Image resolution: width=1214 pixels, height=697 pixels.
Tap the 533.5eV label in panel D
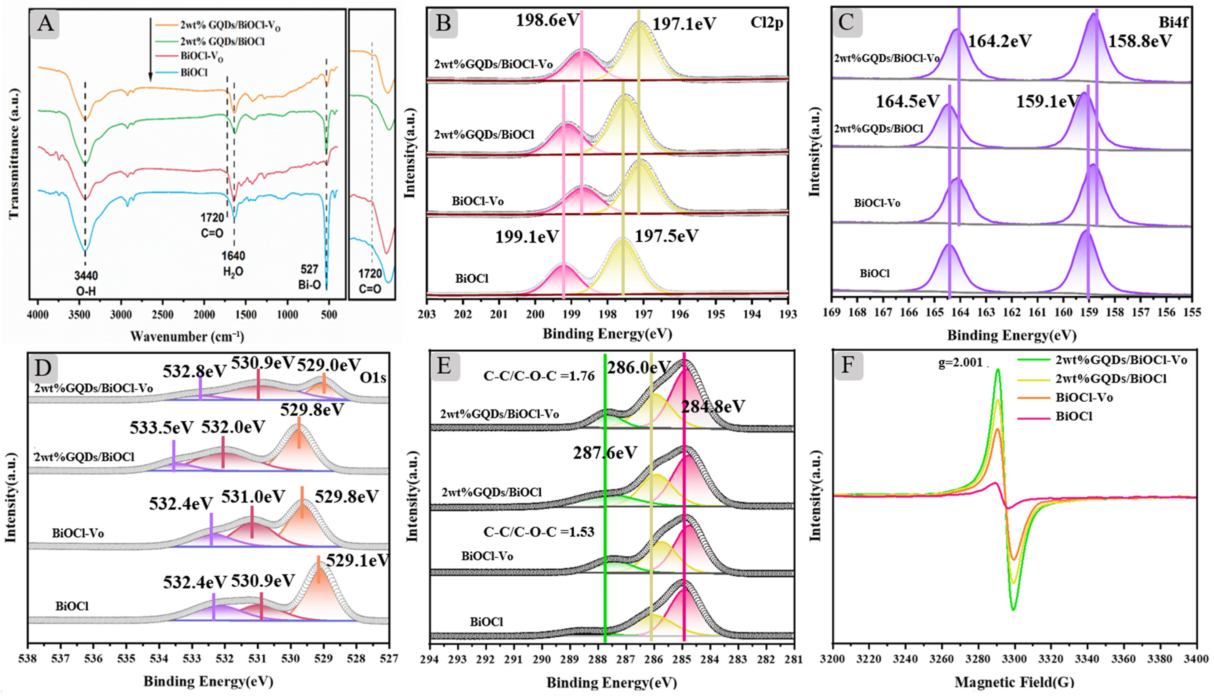point(161,427)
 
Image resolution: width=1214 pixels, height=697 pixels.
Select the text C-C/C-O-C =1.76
point(539,376)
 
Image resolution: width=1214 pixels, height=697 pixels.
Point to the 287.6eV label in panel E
point(605,452)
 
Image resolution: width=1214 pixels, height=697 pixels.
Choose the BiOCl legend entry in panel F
point(1074,416)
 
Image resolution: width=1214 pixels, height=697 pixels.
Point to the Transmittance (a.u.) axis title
point(14,153)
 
